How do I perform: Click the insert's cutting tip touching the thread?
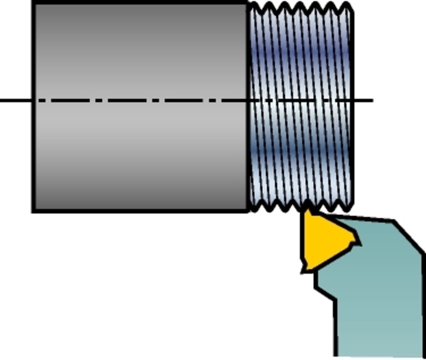pos(307,212)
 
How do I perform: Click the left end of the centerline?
pos(1,100)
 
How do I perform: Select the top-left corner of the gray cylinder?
pos(33,3)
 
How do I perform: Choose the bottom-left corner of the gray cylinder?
pos(33,211)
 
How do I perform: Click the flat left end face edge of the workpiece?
pos(33,106)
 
